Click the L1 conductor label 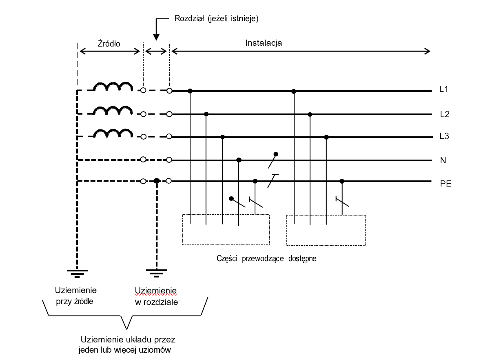[x=444, y=89]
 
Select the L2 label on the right [x=444, y=115]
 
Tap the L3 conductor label [x=444, y=137]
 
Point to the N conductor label [x=443, y=160]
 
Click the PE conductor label [x=445, y=184]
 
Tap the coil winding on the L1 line [x=113, y=87]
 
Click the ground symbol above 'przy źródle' [x=77, y=273]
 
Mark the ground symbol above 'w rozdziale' [x=156, y=273]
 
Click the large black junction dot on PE [x=156, y=181]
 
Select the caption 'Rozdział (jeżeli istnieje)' [x=216, y=19]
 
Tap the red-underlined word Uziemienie [x=156, y=290]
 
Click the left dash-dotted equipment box [x=226, y=230]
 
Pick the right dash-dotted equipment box [x=326, y=230]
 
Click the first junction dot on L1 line [x=190, y=90]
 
